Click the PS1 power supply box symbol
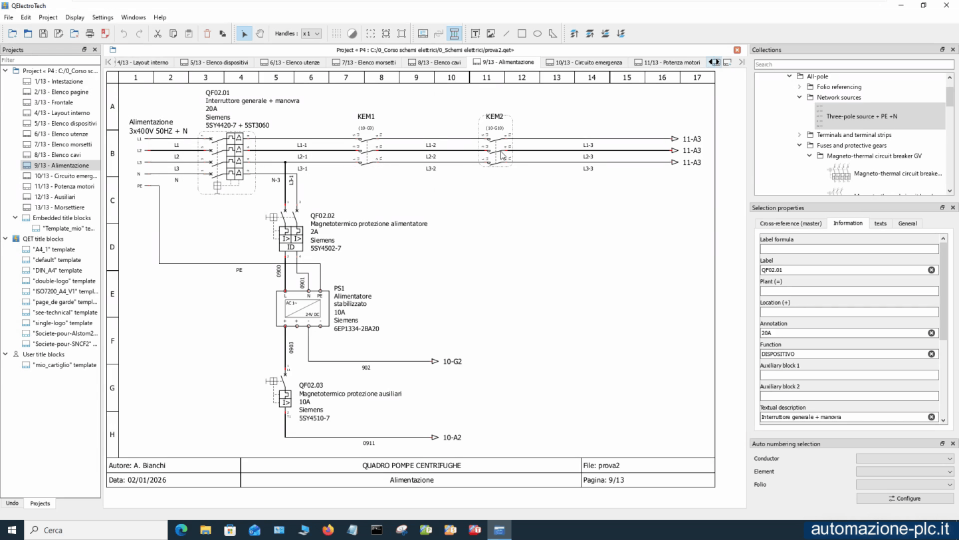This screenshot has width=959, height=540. click(x=302, y=308)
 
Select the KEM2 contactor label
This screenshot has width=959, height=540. click(x=494, y=116)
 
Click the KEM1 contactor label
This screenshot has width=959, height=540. click(x=366, y=116)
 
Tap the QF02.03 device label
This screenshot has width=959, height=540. click(x=311, y=385)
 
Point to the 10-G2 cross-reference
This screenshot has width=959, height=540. click(x=452, y=362)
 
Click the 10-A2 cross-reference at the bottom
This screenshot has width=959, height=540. click(x=452, y=438)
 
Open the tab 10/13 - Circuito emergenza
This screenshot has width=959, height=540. click(x=584, y=63)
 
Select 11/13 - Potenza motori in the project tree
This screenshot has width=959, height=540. click(x=64, y=186)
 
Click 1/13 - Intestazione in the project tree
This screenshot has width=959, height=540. click(x=58, y=81)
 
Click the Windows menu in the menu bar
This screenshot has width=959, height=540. click(x=134, y=17)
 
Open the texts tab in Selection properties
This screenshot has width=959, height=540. click(x=880, y=223)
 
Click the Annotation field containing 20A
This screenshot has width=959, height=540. click(x=844, y=333)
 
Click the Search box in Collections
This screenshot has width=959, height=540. click(x=853, y=65)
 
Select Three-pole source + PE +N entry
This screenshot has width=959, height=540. click(x=861, y=116)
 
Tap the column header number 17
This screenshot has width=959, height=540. click(x=696, y=78)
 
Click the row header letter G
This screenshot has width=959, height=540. click(x=112, y=388)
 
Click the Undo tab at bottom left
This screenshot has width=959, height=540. click(x=12, y=503)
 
